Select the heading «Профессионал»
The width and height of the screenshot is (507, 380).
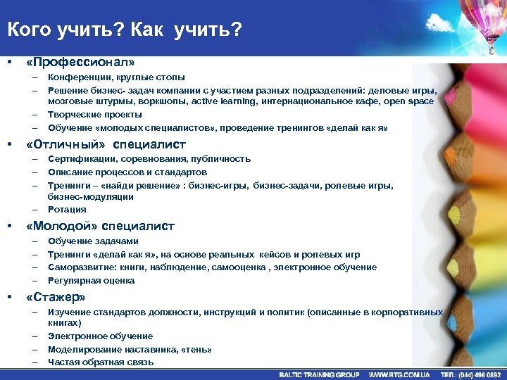80,62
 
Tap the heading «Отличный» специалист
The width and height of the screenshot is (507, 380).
106,144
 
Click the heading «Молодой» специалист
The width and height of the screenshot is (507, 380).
100,227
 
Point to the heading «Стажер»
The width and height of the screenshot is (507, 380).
56,296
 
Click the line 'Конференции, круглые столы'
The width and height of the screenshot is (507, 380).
117,77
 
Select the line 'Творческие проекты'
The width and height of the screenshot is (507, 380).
95,115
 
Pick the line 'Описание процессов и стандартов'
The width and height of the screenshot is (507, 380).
127,172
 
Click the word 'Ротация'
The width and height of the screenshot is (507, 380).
67,210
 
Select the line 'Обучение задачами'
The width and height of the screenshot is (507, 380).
93,241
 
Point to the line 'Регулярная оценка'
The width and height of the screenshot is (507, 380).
92,281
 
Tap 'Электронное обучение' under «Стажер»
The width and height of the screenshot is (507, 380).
100,336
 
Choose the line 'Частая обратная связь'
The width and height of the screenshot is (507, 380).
101,362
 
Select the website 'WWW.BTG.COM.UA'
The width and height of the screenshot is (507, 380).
399,374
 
